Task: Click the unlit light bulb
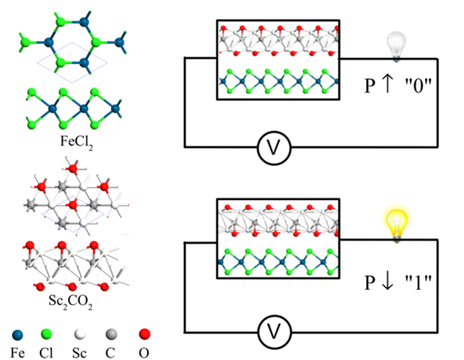click(396, 47)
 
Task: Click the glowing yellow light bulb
click(396, 224)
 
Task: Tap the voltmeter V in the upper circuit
click(274, 148)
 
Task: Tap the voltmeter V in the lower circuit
click(275, 332)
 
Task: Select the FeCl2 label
click(77, 142)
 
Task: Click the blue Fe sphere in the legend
click(17, 335)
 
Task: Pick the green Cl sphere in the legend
click(46, 334)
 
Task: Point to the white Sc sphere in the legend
click(80, 334)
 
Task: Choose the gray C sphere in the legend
click(111, 334)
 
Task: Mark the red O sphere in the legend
click(144, 334)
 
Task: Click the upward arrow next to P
click(387, 84)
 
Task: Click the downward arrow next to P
click(388, 281)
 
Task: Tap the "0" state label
click(419, 85)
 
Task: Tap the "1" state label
click(418, 282)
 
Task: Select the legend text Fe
click(18, 353)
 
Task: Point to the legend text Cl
click(46, 353)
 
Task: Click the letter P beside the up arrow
click(370, 85)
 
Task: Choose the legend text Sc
click(80, 353)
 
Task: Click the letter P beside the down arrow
click(370, 282)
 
